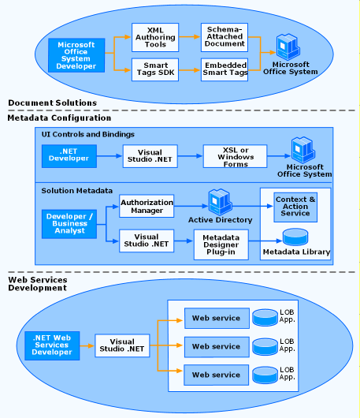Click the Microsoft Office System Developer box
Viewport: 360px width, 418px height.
pyautogui.click(x=76, y=55)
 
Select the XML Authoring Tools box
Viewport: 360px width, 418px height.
pyautogui.click(x=155, y=37)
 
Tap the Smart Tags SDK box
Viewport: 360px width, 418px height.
pyautogui.click(x=155, y=69)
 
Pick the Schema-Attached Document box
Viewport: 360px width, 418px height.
pyautogui.click(x=225, y=37)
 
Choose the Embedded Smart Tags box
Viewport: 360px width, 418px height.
pyautogui.click(x=225, y=69)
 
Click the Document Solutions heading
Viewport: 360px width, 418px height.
pyautogui.click(x=53, y=103)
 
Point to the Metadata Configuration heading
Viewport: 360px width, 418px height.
pyautogui.click(x=59, y=118)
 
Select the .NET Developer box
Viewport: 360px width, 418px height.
pyautogui.click(x=69, y=156)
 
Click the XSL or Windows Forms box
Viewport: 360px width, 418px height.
pyautogui.click(x=235, y=156)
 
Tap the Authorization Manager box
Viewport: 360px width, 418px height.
pyautogui.click(x=147, y=206)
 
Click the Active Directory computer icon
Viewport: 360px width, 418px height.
pyautogui.click(x=221, y=202)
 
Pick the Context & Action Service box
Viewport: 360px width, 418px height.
pyautogui.click(x=295, y=207)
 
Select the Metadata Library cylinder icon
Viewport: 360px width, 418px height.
pyautogui.click(x=295, y=237)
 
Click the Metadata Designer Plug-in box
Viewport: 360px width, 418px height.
pyautogui.click(x=221, y=244)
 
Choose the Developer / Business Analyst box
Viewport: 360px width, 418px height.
pyautogui.click(x=69, y=224)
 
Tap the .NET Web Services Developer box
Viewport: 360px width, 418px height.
pyautogui.click(x=52, y=345)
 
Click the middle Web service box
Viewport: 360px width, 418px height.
pyautogui.click(x=217, y=346)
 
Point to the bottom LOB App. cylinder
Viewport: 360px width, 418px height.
pyautogui.click(x=265, y=375)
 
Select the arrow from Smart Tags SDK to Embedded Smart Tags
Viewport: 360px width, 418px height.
pyautogui.click(x=190, y=70)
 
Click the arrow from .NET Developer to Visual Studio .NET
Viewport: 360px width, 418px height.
pyautogui.click(x=109, y=156)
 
